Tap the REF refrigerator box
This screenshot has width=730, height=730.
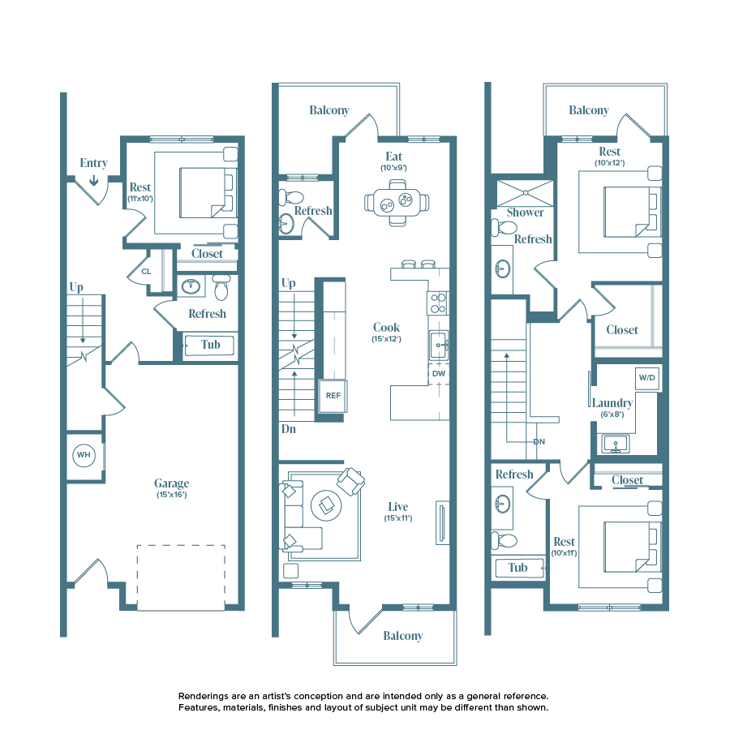coord(333,396)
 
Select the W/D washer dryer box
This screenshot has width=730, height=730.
coord(646,378)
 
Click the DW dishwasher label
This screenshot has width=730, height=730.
coord(438,373)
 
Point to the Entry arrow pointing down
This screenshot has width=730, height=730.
coord(94,179)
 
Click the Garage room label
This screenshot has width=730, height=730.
coord(171,483)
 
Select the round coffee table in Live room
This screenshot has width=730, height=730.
coord(327,506)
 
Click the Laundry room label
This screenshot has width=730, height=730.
coord(612,403)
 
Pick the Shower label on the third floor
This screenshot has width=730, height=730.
coord(525,213)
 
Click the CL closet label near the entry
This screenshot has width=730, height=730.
coord(146,272)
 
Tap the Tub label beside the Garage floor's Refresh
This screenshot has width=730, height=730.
coord(210,345)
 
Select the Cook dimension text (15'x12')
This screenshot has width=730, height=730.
coord(386,340)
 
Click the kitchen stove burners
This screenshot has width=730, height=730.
coord(438,303)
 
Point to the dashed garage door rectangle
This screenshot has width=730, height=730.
coord(181,577)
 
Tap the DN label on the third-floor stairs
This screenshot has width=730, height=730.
coord(539,442)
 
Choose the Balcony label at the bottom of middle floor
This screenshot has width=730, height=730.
coord(402,636)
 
